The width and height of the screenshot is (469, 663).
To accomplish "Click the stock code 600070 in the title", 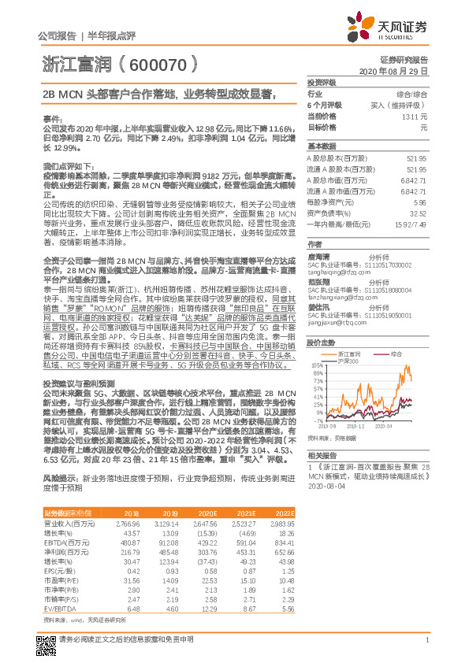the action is pos(158,61).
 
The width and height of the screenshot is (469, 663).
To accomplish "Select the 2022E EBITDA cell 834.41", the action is pos(283,543).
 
